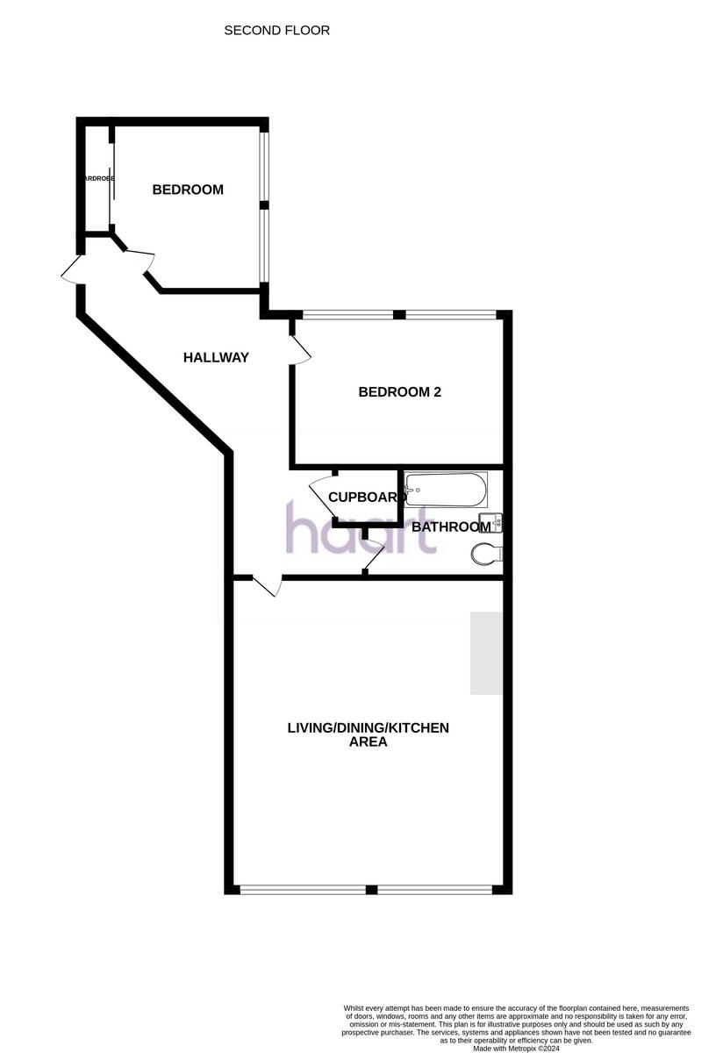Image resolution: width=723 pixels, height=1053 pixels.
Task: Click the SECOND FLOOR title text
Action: pos(276,31)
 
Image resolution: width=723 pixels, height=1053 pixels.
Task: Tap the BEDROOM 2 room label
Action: pos(399,392)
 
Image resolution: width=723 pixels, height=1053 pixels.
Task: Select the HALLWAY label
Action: pos(216,358)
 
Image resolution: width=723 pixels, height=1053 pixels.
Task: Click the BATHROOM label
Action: pos(451,527)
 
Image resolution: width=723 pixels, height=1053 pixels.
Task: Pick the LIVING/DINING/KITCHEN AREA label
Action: pos(368,734)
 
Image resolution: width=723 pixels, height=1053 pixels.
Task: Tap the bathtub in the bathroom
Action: pos(446,490)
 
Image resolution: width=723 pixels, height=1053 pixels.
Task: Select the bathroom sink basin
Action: pos(495,523)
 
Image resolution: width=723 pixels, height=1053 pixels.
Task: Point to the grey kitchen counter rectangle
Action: pos(485,653)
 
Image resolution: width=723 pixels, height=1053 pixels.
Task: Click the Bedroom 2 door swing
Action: pos(301,348)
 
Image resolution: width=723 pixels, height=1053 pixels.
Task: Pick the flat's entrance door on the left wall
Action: pos(70,269)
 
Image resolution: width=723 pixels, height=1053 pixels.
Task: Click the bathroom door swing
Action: pos(374,557)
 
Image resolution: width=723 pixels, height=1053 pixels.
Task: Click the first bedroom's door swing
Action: pos(138,261)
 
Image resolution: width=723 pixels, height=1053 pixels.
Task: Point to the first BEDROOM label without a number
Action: pos(188,190)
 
